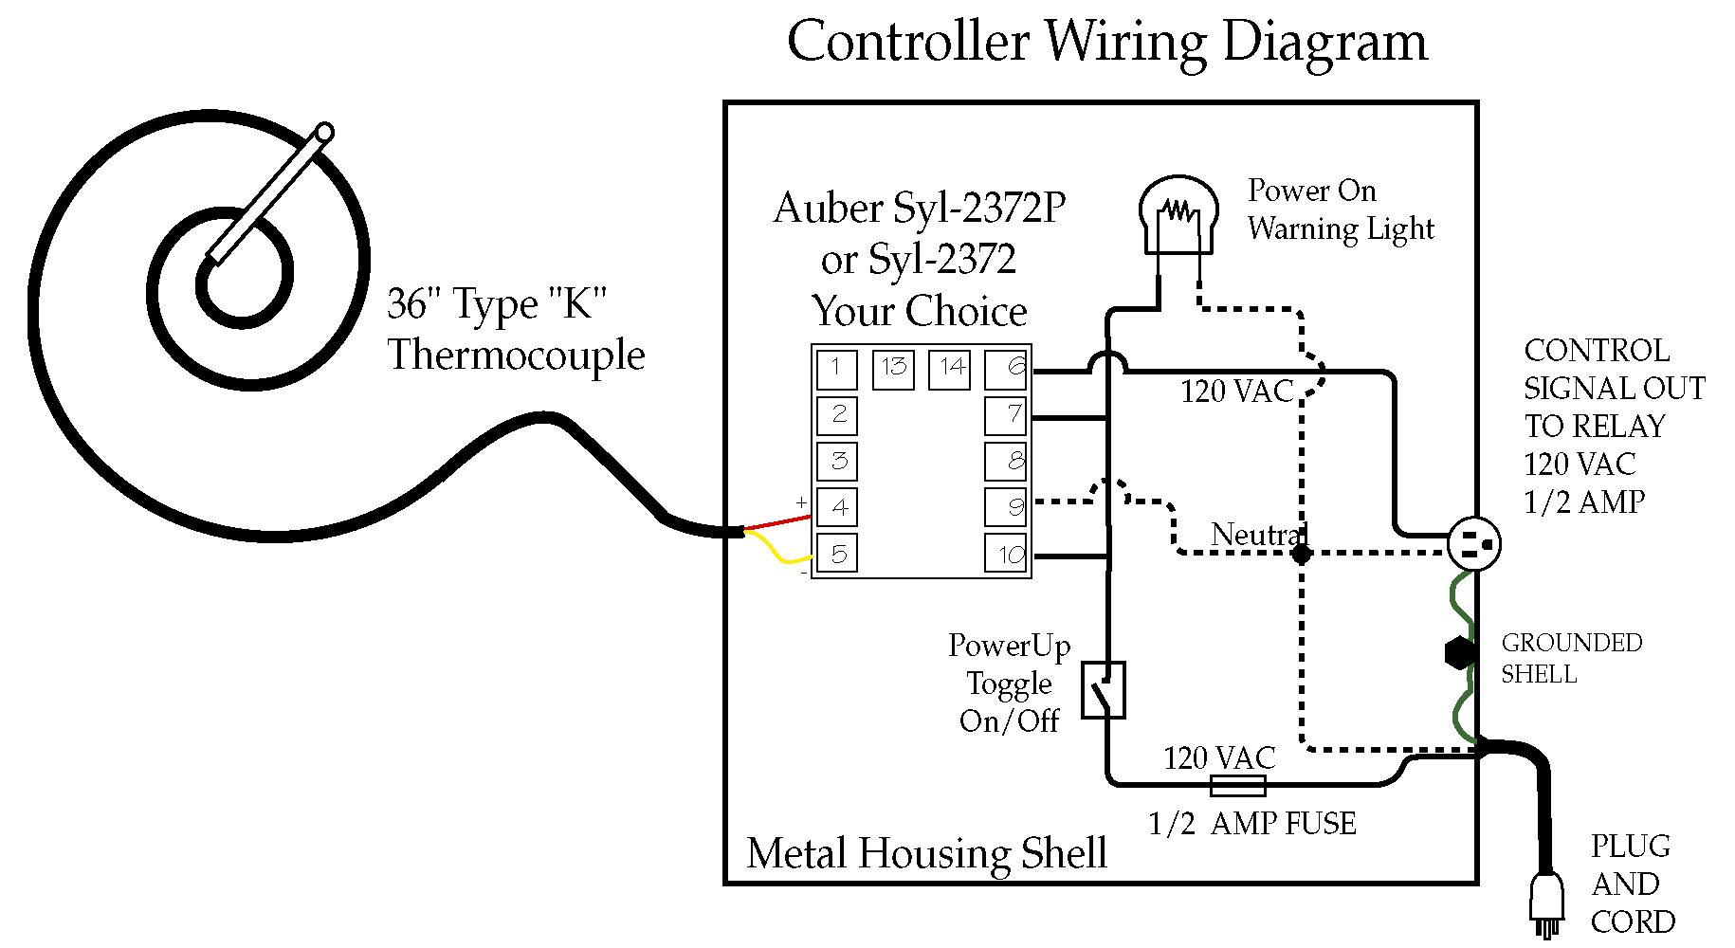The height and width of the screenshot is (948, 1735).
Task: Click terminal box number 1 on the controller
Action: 837,369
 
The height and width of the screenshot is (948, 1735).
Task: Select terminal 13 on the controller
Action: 893,369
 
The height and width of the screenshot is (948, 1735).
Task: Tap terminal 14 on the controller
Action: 951,369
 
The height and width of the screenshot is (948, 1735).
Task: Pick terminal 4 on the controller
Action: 837,507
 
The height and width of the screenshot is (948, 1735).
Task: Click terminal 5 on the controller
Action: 837,554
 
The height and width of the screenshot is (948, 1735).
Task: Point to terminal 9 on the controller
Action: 1007,507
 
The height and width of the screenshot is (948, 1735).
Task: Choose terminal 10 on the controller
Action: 1007,554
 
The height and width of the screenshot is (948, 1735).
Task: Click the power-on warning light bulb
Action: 1178,213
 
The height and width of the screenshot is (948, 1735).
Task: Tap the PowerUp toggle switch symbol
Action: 1104,690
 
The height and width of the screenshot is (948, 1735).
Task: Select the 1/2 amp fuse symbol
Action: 1238,785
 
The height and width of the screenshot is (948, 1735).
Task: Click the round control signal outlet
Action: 1474,544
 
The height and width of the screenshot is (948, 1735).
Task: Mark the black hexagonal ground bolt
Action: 1460,652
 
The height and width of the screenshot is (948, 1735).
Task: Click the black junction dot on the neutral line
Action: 1302,554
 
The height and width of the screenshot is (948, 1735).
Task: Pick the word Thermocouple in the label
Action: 516,355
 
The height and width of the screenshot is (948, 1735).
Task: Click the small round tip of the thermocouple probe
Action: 324,132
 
